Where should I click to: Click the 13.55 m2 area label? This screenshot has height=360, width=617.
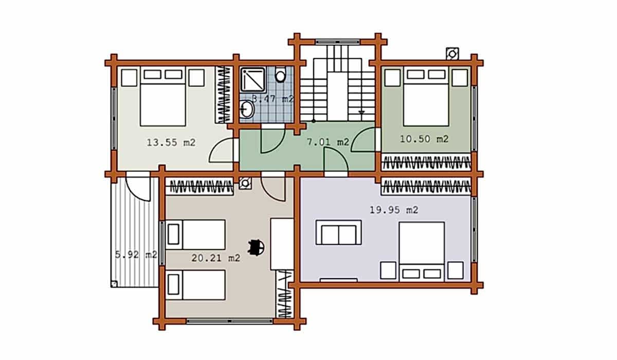171,142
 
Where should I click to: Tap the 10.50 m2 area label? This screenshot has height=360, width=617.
424,139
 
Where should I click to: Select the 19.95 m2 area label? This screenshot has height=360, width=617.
394,210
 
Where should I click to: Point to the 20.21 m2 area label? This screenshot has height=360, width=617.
215,258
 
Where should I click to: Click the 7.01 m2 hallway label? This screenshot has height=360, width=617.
328,142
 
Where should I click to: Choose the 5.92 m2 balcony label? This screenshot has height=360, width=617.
136,255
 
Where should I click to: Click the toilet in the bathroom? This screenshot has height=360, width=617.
280,74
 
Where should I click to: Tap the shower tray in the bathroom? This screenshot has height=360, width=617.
253,80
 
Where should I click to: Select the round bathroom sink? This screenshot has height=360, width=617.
247,110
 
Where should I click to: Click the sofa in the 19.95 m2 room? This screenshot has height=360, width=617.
338,232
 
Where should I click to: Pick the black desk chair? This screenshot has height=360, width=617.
257,247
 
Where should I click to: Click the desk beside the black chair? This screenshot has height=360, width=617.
282,244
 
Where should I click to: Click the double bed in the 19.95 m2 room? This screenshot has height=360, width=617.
422,251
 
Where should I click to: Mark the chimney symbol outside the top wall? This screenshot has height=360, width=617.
452,53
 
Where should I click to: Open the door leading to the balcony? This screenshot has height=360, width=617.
138,187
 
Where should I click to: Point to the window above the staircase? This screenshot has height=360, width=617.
337,42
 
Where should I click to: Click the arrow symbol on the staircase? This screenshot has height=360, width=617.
361,112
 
